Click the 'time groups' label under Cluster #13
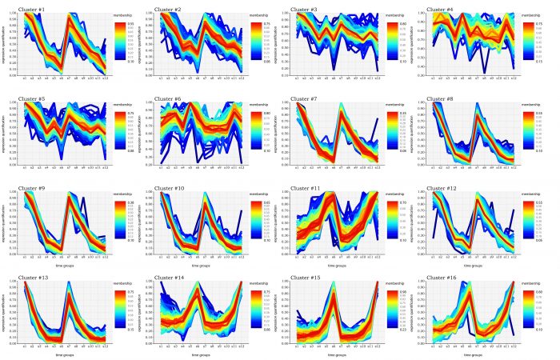63,354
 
